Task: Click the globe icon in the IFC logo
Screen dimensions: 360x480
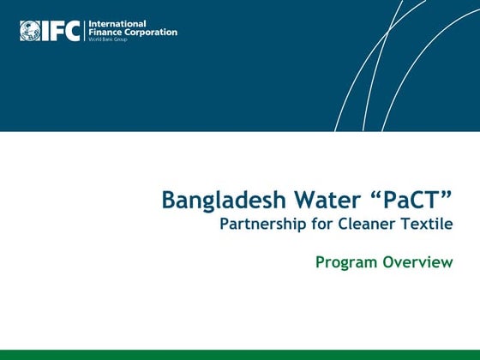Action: [30, 31]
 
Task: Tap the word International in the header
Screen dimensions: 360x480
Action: [117, 23]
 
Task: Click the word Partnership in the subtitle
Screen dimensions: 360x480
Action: [258, 225]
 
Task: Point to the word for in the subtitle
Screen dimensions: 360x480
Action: [315, 225]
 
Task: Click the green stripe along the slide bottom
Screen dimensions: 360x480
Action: [240, 355]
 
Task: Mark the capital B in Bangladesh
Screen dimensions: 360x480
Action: [169, 201]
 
